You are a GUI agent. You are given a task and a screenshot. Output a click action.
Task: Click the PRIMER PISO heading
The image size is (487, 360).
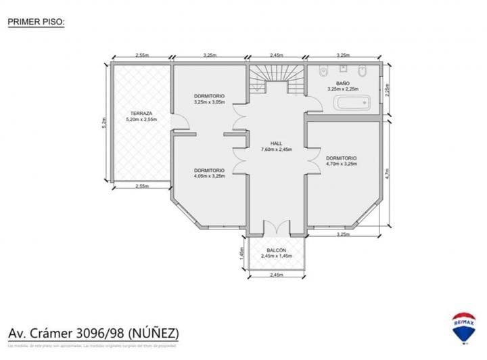pyautogui.click(x=36, y=22)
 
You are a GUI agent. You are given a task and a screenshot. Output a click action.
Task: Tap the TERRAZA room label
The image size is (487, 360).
pyautogui.click(x=141, y=114)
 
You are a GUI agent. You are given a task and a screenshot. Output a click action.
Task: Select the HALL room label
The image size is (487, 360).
pyautogui.click(x=276, y=144)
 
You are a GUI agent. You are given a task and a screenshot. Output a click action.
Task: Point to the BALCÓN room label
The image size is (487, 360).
pyautogui.click(x=276, y=250)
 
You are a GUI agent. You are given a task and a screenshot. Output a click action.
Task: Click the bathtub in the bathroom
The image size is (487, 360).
pyautogui.click(x=351, y=103)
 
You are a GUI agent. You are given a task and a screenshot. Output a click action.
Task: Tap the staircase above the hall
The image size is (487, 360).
pyautogui.click(x=276, y=78)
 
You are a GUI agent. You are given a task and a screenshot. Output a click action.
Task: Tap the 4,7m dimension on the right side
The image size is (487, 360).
pyautogui.click(x=388, y=173)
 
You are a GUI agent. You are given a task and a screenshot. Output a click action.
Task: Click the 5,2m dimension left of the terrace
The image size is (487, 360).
pyautogui.click(x=103, y=122)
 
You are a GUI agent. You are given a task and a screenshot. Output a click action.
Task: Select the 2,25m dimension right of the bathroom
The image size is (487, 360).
pyautogui.click(x=388, y=90)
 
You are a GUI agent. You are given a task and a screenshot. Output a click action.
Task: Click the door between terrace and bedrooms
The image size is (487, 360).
pyautogui.click(x=175, y=124)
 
